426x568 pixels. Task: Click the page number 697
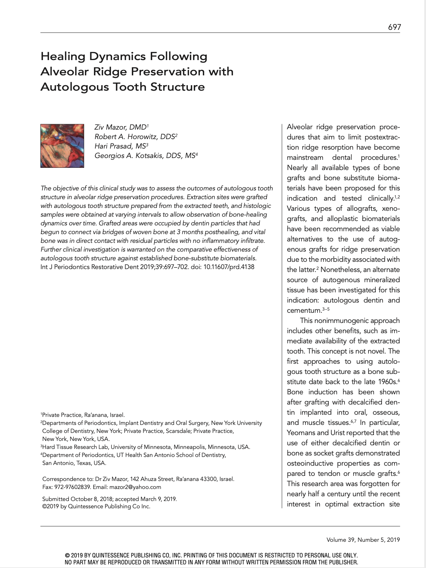point(394,27)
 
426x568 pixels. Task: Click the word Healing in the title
point(62,56)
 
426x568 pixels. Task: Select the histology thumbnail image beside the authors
point(62,146)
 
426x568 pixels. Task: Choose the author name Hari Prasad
point(114,146)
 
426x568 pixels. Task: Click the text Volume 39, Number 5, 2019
point(363,540)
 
